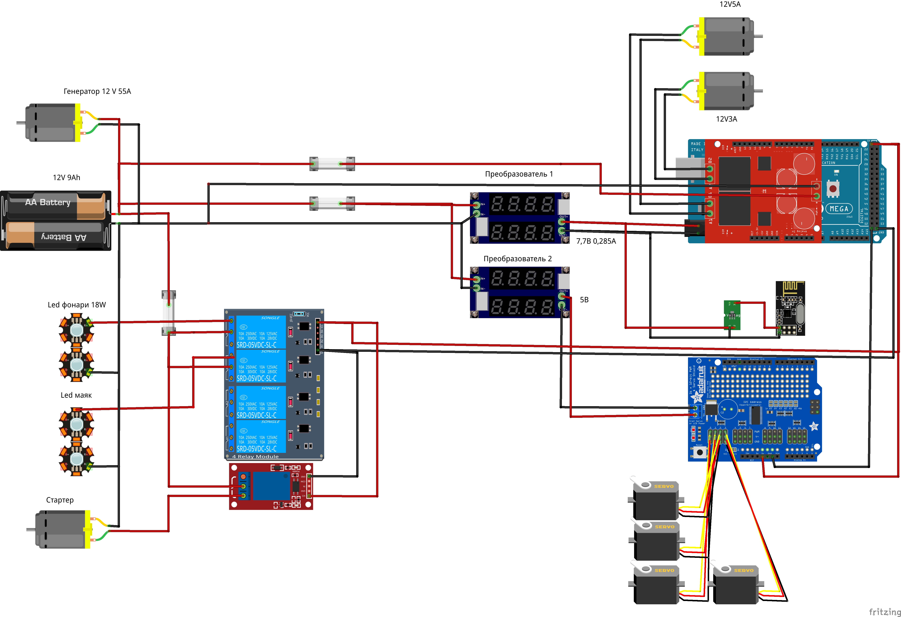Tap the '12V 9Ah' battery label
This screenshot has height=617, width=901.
point(66,177)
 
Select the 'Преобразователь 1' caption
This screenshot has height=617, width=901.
point(519,174)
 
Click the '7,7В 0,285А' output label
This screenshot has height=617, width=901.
point(596,241)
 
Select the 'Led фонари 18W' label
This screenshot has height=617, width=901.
point(76,305)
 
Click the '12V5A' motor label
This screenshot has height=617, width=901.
point(730,4)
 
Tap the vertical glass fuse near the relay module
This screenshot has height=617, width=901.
point(169,313)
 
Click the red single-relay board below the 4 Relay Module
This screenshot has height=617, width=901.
point(271,487)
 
